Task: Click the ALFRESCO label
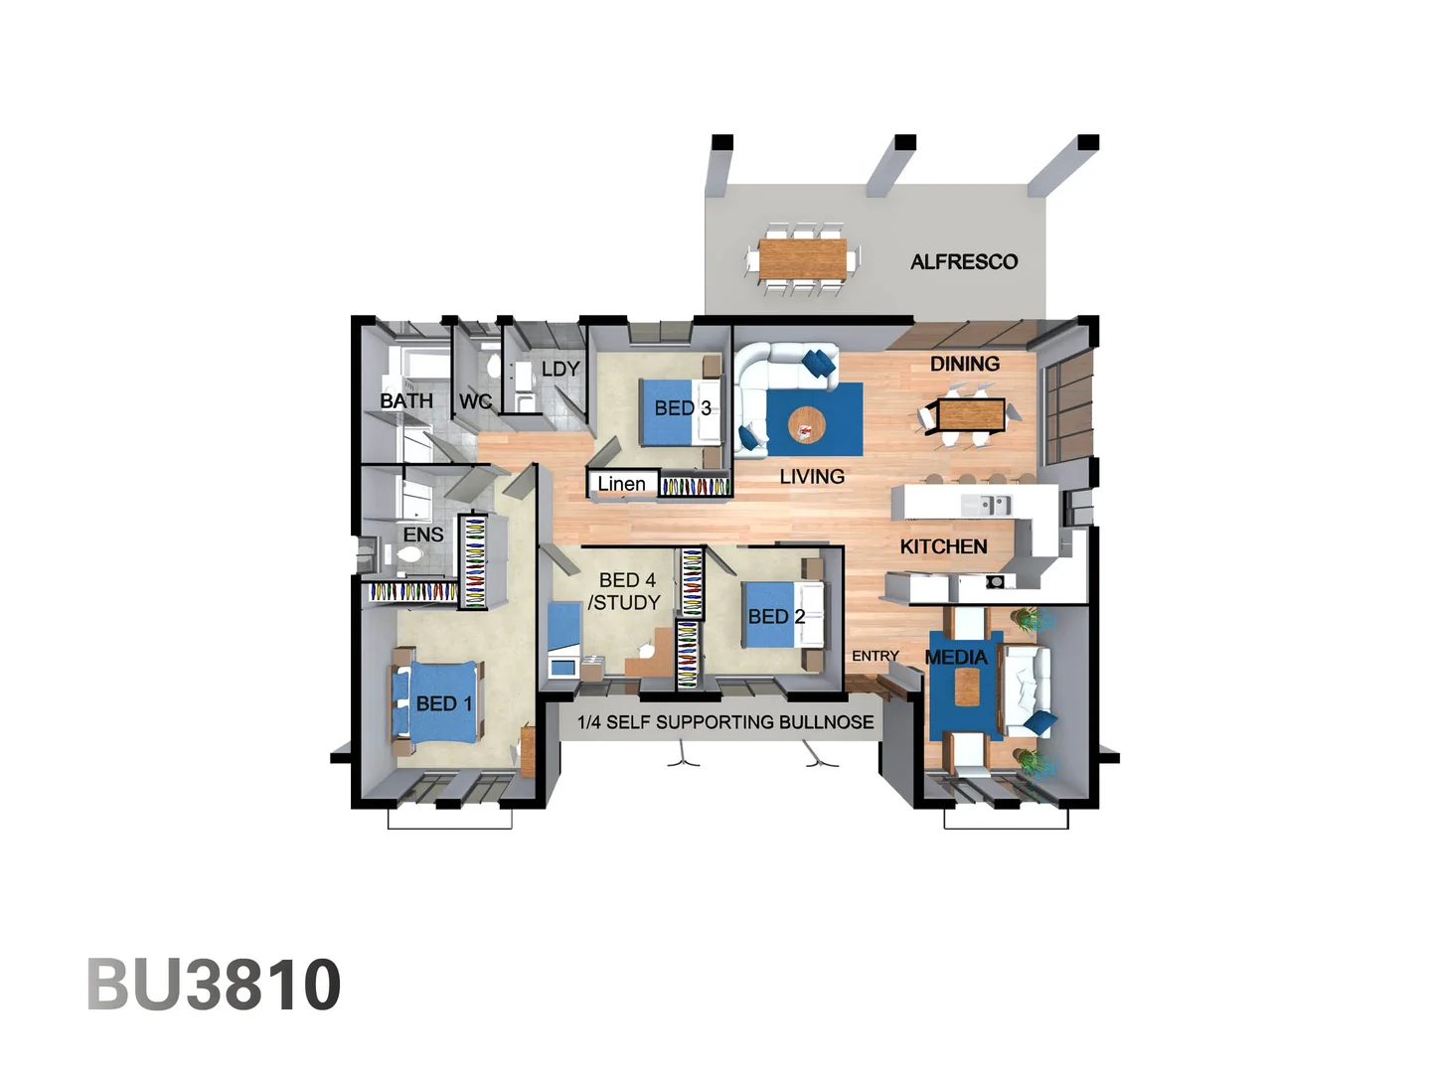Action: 964,262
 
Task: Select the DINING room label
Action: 964,364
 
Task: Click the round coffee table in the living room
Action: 806,426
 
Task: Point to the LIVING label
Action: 812,477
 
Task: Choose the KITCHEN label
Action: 943,546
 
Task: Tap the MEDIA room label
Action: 956,657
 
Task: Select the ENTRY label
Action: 874,656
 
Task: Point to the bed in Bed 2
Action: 775,616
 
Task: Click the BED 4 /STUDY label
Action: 625,591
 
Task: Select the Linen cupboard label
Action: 621,484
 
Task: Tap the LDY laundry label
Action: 560,369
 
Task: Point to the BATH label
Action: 406,400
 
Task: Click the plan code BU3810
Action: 214,985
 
